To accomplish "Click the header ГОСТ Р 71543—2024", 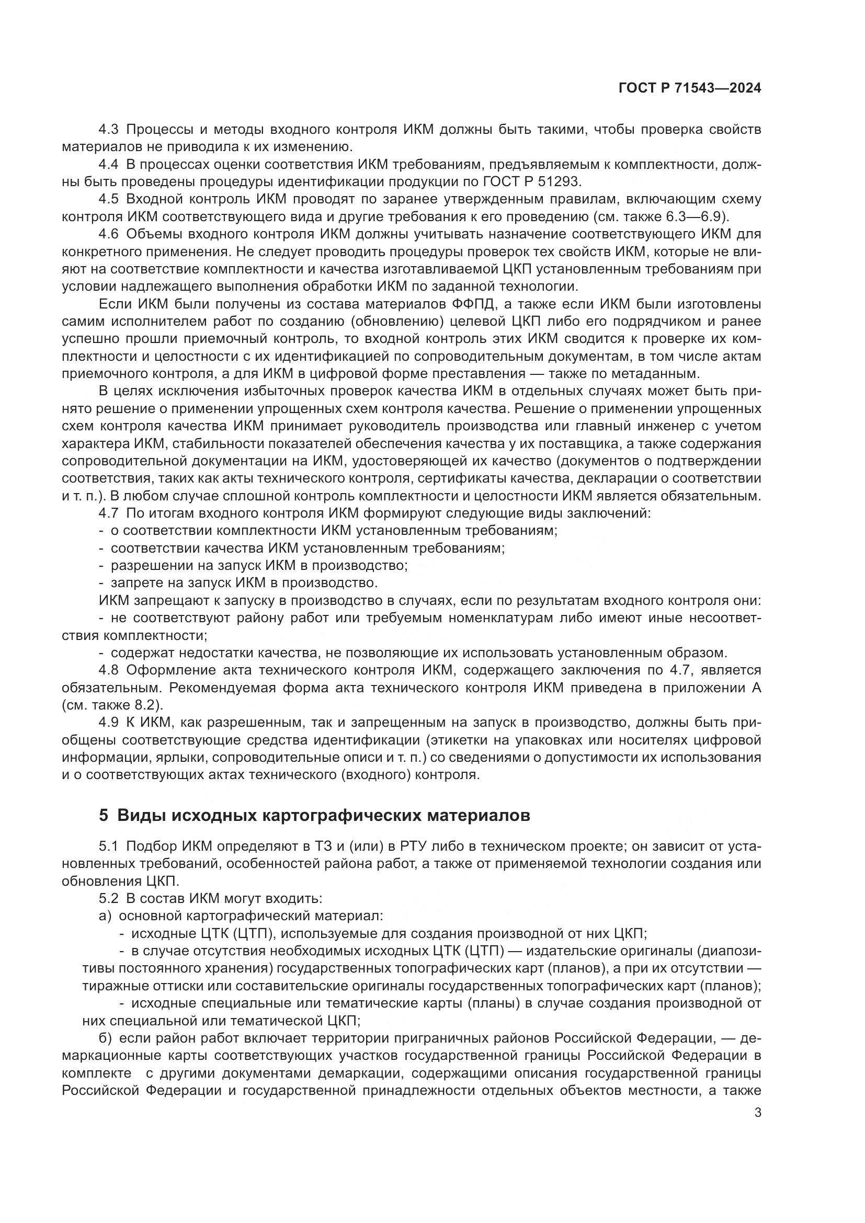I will point(689,88).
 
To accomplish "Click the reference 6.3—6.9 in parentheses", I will point(695,217).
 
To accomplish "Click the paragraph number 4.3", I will point(109,130).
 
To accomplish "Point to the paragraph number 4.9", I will point(109,723).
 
